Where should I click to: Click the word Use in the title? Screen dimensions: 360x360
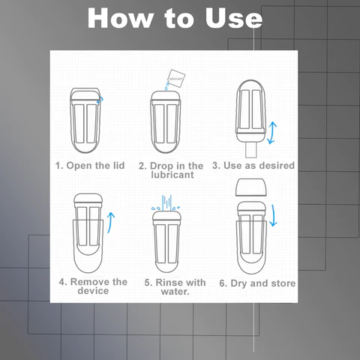pyautogui.click(x=233, y=18)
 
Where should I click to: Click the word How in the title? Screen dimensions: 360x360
pyautogui.click(x=120, y=18)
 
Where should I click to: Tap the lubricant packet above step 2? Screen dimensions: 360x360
pyautogui.click(x=176, y=78)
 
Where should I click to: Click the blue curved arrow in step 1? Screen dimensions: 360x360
pyautogui.click(x=100, y=100)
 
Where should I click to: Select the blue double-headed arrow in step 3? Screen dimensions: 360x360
pyautogui.click(x=272, y=133)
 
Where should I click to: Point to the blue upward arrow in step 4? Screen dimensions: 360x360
pyautogui.click(x=111, y=223)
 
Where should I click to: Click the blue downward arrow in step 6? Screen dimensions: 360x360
pyautogui.click(x=274, y=215)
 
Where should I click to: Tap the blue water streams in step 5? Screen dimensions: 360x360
pyautogui.click(x=166, y=203)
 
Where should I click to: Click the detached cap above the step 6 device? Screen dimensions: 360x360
pyautogui.click(x=251, y=187)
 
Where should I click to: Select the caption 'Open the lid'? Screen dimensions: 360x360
pyautogui.click(x=95, y=166)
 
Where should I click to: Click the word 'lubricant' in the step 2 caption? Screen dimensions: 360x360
pyautogui.click(x=172, y=175)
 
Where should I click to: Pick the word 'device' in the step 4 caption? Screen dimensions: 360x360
pyautogui.click(x=93, y=291)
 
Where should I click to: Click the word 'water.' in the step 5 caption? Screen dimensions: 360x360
pyautogui.click(x=175, y=292)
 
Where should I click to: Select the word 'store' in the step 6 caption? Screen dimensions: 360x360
pyautogui.click(x=283, y=283)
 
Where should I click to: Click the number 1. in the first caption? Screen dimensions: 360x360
pyautogui.click(x=59, y=166)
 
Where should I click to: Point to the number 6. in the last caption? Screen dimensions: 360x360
pyautogui.click(x=223, y=283)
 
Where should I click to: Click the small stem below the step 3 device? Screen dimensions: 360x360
pyautogui.click(x=251, y=150)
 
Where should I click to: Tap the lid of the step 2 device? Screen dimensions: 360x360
pyautogui.click(x=166, y=96)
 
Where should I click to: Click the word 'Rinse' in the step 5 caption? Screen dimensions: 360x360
pyautogui.click(x=169, y=283)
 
